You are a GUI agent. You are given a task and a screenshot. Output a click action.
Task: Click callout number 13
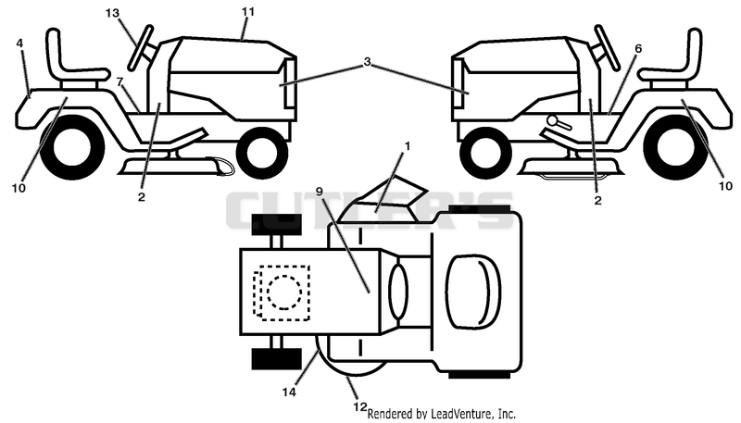(x=112, y=13)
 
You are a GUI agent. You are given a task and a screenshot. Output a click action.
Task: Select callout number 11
(x=248, y=12)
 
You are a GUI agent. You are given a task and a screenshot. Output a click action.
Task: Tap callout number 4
(x=19, y=44)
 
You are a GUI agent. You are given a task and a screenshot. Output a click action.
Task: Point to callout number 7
(x=120, y=81)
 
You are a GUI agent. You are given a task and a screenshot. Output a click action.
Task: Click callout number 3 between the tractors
(x=367, y=62)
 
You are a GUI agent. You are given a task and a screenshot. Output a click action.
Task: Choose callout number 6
(x=638, y=48)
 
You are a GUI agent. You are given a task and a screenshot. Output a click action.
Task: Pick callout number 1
(x=407, y=146)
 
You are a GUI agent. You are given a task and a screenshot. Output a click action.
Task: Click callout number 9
(x=319, y=192)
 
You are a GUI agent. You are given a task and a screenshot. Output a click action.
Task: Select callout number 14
(x=289, y=392)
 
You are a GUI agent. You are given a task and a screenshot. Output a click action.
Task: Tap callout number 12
(x=360, y=406)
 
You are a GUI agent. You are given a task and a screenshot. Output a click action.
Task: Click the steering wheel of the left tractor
(x=140, y=48)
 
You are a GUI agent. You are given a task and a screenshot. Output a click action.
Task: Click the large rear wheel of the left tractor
(x=72, y=147)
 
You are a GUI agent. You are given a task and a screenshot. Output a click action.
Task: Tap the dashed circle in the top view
(x=283, y=292)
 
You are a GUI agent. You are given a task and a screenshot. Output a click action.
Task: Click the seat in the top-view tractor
(x=473, y=292)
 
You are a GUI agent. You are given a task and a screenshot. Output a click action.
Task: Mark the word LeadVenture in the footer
(x=456, y=414)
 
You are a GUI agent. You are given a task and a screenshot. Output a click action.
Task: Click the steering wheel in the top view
(x=399, y=291)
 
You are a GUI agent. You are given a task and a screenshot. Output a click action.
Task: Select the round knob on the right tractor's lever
(x=552, y=120)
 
